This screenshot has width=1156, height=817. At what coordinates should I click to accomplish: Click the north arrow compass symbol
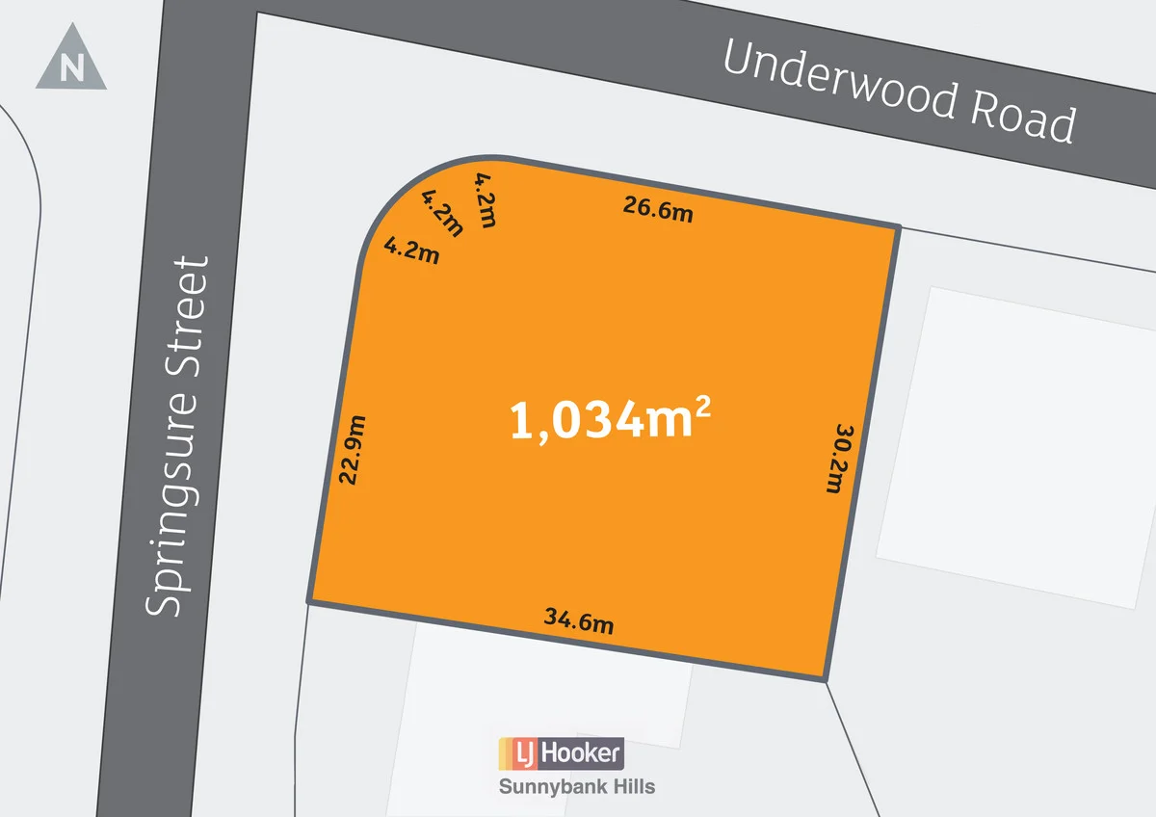click(x=70, y=60)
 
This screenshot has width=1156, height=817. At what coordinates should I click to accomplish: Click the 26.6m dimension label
click(x=658, y=209)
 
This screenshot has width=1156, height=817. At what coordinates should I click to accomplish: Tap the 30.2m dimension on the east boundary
click(x=840, y=459)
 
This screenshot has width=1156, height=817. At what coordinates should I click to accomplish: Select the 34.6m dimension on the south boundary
click(x=580, y=621)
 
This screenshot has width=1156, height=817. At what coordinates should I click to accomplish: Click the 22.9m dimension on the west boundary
click(x=353, y=449)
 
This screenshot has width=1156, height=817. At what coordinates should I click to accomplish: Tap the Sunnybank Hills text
click(x=576, y=787)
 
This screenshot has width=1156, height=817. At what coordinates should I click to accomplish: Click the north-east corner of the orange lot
click(x=899, y=227)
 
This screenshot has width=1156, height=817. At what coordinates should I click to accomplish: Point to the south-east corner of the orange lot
click(x=826, y=680)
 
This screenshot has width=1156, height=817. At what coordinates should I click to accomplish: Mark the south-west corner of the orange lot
click(x=309, y=602)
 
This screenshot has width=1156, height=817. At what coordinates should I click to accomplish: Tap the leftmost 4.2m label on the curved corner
click(x=412, y=250)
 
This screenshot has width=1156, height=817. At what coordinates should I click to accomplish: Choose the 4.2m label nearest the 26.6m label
click(x=486, y=199)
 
